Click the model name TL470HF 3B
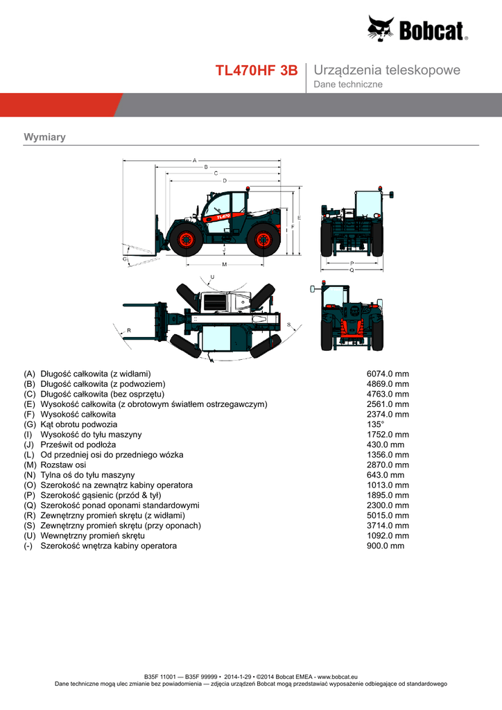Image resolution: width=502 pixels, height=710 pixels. point(257,71)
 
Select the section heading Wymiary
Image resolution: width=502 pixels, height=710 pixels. point(44,137)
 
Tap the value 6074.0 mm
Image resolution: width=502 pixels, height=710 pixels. point(388,374)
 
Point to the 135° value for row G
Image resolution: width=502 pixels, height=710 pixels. point(375,424)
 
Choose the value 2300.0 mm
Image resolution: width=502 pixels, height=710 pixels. point(388,505)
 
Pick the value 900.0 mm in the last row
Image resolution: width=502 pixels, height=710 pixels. point(385,546)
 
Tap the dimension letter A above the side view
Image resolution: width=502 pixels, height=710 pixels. point(194,159)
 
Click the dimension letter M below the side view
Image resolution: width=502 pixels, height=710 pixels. point(224,265)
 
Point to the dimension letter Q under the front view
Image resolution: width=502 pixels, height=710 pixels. point(352,270)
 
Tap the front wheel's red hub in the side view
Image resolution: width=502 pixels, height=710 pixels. point(186,239)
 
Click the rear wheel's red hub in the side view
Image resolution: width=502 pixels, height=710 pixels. point(263,239)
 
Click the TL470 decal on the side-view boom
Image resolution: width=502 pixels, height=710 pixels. point(223,216)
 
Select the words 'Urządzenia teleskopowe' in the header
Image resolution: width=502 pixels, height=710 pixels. point(387,70)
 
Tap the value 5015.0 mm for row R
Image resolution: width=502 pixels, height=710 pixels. point(388,515)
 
